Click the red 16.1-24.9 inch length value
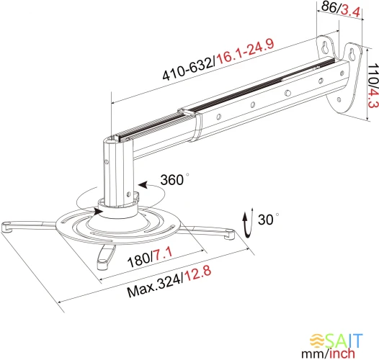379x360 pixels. (245, 53)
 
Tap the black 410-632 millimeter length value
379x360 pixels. (188, 69)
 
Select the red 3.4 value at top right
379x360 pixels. (350, 11)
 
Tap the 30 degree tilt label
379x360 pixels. (268, 219)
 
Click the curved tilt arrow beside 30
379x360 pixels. (248, 222)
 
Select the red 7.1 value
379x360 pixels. (163, 254)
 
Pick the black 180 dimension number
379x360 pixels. (138, 261)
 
